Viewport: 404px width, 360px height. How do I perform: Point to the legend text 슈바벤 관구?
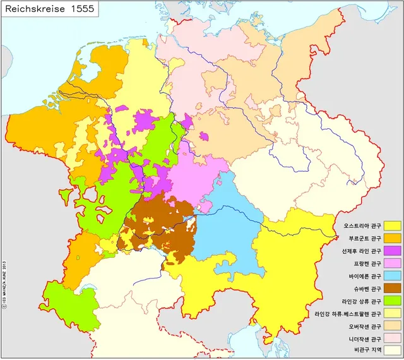tap(365, 289)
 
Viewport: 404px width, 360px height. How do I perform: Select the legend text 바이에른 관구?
tap(364, 276)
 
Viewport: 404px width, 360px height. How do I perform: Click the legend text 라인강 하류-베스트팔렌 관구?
tap(348, 314)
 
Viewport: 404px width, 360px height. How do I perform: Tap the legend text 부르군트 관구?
tap(364, 238)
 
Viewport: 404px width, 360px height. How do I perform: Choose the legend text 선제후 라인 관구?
tap(360, 251)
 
